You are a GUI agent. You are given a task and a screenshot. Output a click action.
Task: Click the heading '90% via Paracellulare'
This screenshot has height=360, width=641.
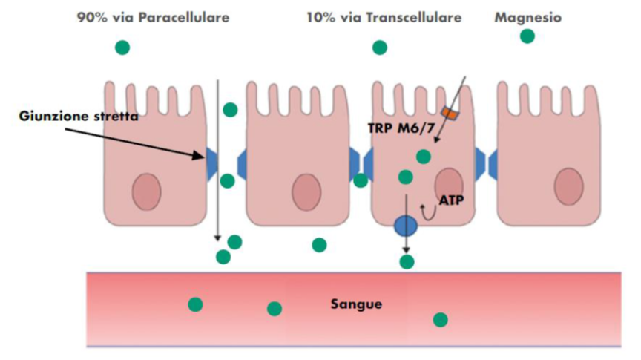(153, 17)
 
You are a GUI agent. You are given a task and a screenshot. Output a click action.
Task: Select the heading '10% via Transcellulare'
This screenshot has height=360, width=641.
(384, 17)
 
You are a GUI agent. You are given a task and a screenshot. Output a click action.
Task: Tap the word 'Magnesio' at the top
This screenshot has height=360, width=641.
(527, 17)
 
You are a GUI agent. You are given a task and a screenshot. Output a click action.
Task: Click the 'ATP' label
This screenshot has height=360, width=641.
(451, 199)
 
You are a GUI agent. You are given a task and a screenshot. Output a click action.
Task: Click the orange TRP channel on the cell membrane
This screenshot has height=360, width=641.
(450, 114)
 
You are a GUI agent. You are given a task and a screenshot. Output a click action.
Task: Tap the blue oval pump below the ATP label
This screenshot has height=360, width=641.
(406, 226)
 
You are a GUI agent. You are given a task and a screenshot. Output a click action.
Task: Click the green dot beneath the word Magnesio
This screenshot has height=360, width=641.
(527, 36)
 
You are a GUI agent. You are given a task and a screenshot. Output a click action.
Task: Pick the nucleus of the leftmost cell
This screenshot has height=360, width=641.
(146, 191)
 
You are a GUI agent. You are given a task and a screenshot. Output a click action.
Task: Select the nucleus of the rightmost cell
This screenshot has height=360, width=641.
(568, 186)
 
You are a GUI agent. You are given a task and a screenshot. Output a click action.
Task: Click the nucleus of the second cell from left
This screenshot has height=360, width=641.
(305, 191)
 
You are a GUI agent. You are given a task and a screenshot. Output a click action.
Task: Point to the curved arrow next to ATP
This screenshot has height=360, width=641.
(428, 212)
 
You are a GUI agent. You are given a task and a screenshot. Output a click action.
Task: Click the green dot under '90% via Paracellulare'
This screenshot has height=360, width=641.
(122, 48)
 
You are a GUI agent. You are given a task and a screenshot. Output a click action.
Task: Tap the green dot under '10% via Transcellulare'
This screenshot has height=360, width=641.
(380, 48)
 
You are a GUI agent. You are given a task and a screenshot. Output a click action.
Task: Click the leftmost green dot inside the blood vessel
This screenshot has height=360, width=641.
(195, 304)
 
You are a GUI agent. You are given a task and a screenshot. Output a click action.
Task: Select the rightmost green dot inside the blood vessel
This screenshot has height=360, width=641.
(441, 320)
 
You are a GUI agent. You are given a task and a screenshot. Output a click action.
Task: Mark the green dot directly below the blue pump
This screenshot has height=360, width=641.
(407, 261)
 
